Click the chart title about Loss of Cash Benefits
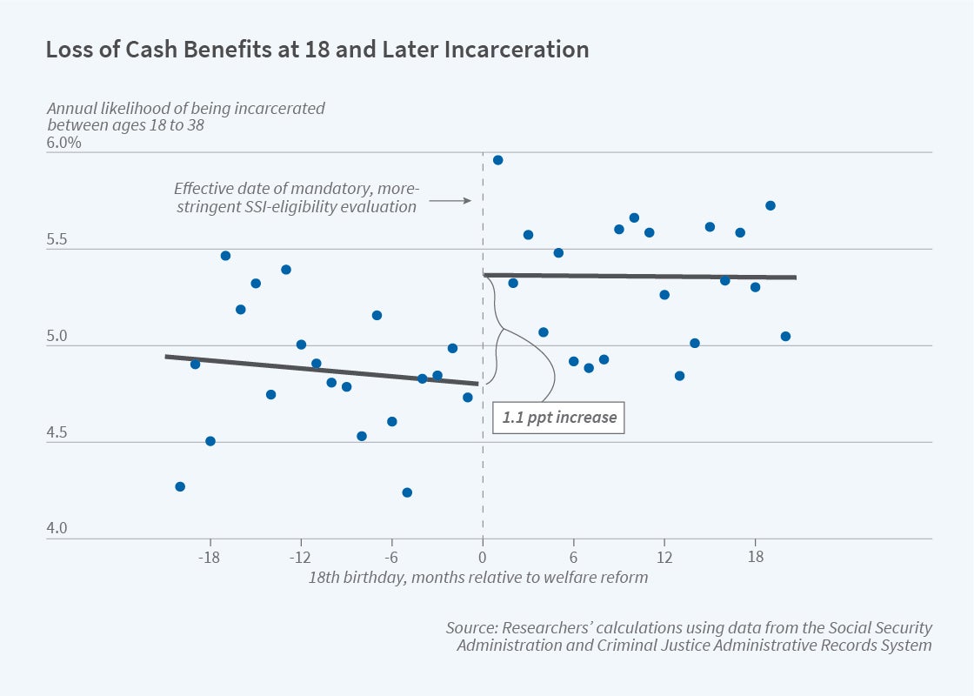tap(317, 50)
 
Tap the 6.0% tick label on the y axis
tap(64, 142)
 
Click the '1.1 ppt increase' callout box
tap(559, 417)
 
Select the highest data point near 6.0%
tap(497, 160)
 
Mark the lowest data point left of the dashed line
tap(407, 492)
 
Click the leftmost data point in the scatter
tap(180, 486)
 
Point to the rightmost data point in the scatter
tap(785, 336)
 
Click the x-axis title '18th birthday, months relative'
tap(478, 578)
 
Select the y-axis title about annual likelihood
tap(186, 117)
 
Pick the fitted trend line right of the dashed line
tap(640, 277)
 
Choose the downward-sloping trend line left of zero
tap(322, 370)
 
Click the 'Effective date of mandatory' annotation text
tap(297, 197)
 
